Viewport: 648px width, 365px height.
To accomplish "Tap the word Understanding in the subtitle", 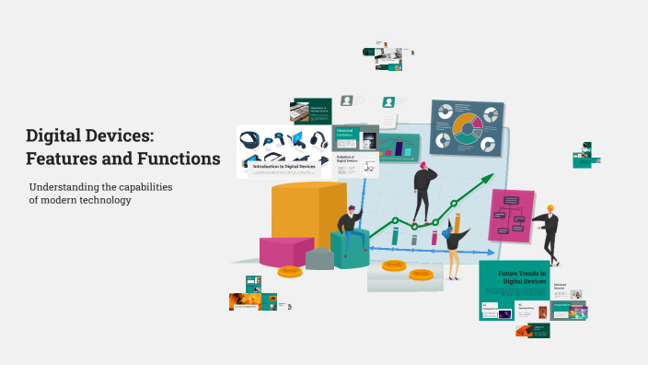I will tap(67, 187).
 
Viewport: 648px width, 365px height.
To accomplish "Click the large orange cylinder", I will tap(307, 212).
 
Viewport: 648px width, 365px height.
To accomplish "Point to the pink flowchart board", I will tap(511, 216).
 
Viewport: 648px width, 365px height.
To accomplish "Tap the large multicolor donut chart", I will tap(468, 127).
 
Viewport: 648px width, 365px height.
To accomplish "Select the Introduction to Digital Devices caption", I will tap(284, 167).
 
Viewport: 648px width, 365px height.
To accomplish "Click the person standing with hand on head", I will tap(423, 190).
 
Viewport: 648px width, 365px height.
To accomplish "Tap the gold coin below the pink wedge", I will tap(289, 272).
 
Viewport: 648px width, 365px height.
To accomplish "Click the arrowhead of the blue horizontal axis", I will tap(480, 253).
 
